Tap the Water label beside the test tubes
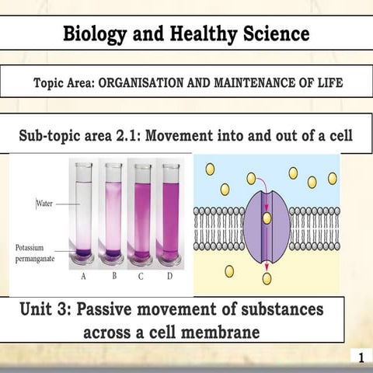pos(46,204)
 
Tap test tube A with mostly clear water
pos(84,214)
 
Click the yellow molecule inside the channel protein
pos(267,218)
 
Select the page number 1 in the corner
pos(361,357)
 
